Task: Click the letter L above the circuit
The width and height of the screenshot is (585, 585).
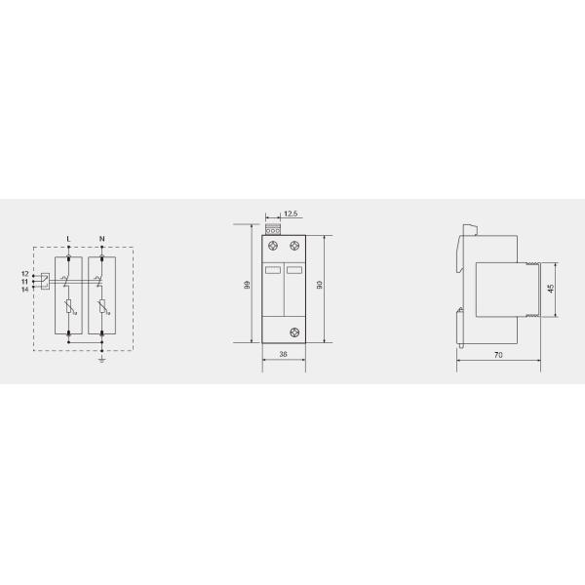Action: coord(67,239)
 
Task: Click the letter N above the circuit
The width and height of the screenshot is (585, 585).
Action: coord(101,239)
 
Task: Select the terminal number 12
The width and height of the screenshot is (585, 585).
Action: coord(24,274)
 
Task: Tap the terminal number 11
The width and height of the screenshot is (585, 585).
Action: coord(24,281)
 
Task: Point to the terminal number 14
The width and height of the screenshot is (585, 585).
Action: coord(24,289)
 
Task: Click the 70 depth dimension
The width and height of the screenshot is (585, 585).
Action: coord(497,357)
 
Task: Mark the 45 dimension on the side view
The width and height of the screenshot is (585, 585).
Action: coord(553,289)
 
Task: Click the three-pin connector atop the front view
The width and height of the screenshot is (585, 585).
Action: coord(272,229)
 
